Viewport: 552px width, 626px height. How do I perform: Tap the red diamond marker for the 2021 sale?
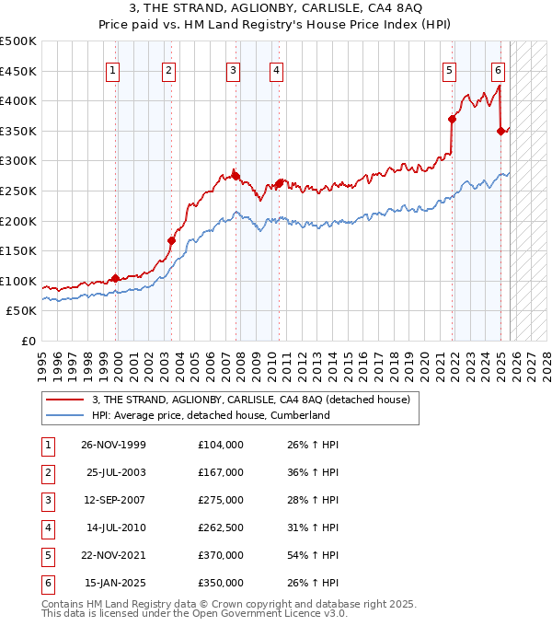coord(452,119)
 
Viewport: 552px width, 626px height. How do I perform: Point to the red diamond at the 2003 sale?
coord(171,240)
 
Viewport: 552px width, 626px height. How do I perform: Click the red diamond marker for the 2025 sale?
coord(500,131)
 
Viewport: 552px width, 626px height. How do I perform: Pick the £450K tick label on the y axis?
coord(18,71)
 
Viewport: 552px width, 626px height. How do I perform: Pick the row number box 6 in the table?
coord(47,583)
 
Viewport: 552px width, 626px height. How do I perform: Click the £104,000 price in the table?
coord(220,444)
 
